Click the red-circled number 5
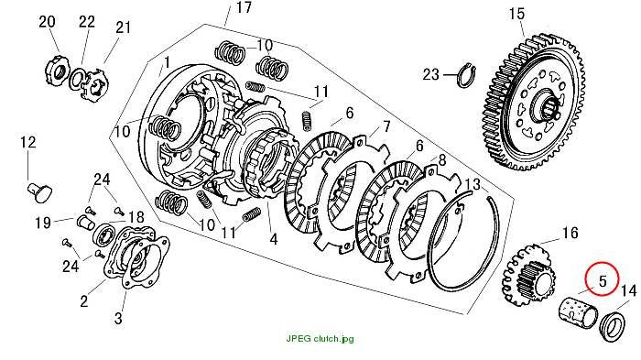tap(603, 280)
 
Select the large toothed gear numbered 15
tap(534, 103)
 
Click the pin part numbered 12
tap(39, 192)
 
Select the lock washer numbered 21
tap(95, 84)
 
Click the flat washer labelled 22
tap(76, 79)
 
